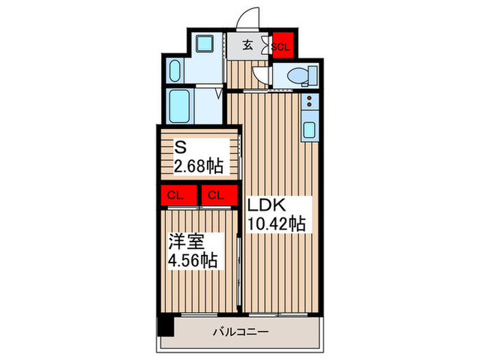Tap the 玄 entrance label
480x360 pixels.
[250, 47]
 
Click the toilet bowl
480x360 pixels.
[300, 75]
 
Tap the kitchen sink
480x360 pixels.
[308, 129]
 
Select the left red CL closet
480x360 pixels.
[176, 195]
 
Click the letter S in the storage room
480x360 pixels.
[180, 147]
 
